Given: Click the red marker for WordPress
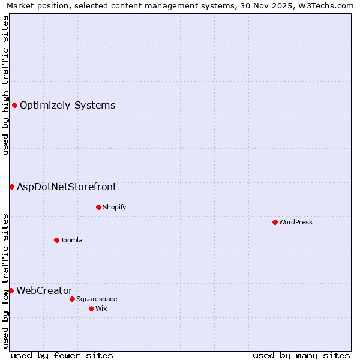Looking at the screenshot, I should click(275, 222).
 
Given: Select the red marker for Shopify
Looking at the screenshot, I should click(98, 207).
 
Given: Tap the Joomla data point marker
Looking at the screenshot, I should click(56, 240).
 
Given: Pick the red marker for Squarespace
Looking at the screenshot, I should click(72, 299).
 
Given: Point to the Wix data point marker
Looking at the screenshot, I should click(91, 308).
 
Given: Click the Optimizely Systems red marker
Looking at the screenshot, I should click(14, 106).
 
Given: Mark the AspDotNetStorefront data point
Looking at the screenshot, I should click(11, 187).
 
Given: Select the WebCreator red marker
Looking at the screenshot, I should click(11, 290).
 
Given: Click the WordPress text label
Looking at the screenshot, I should click(296, 222).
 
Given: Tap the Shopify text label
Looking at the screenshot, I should click(114, 207).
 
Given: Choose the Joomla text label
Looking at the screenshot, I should click(71, 240).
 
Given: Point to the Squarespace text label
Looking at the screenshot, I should click(97, 299).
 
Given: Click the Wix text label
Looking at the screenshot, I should click(101, 308).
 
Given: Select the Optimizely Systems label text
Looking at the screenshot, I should click(68, 106).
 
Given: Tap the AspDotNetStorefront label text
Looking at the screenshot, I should click(67, 187).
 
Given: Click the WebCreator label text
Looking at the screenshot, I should click(44, 290).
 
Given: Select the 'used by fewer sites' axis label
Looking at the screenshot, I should click(62, 355).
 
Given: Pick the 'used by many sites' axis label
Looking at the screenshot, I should click(301, 355).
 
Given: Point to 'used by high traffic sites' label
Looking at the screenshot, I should click(5, 85).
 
